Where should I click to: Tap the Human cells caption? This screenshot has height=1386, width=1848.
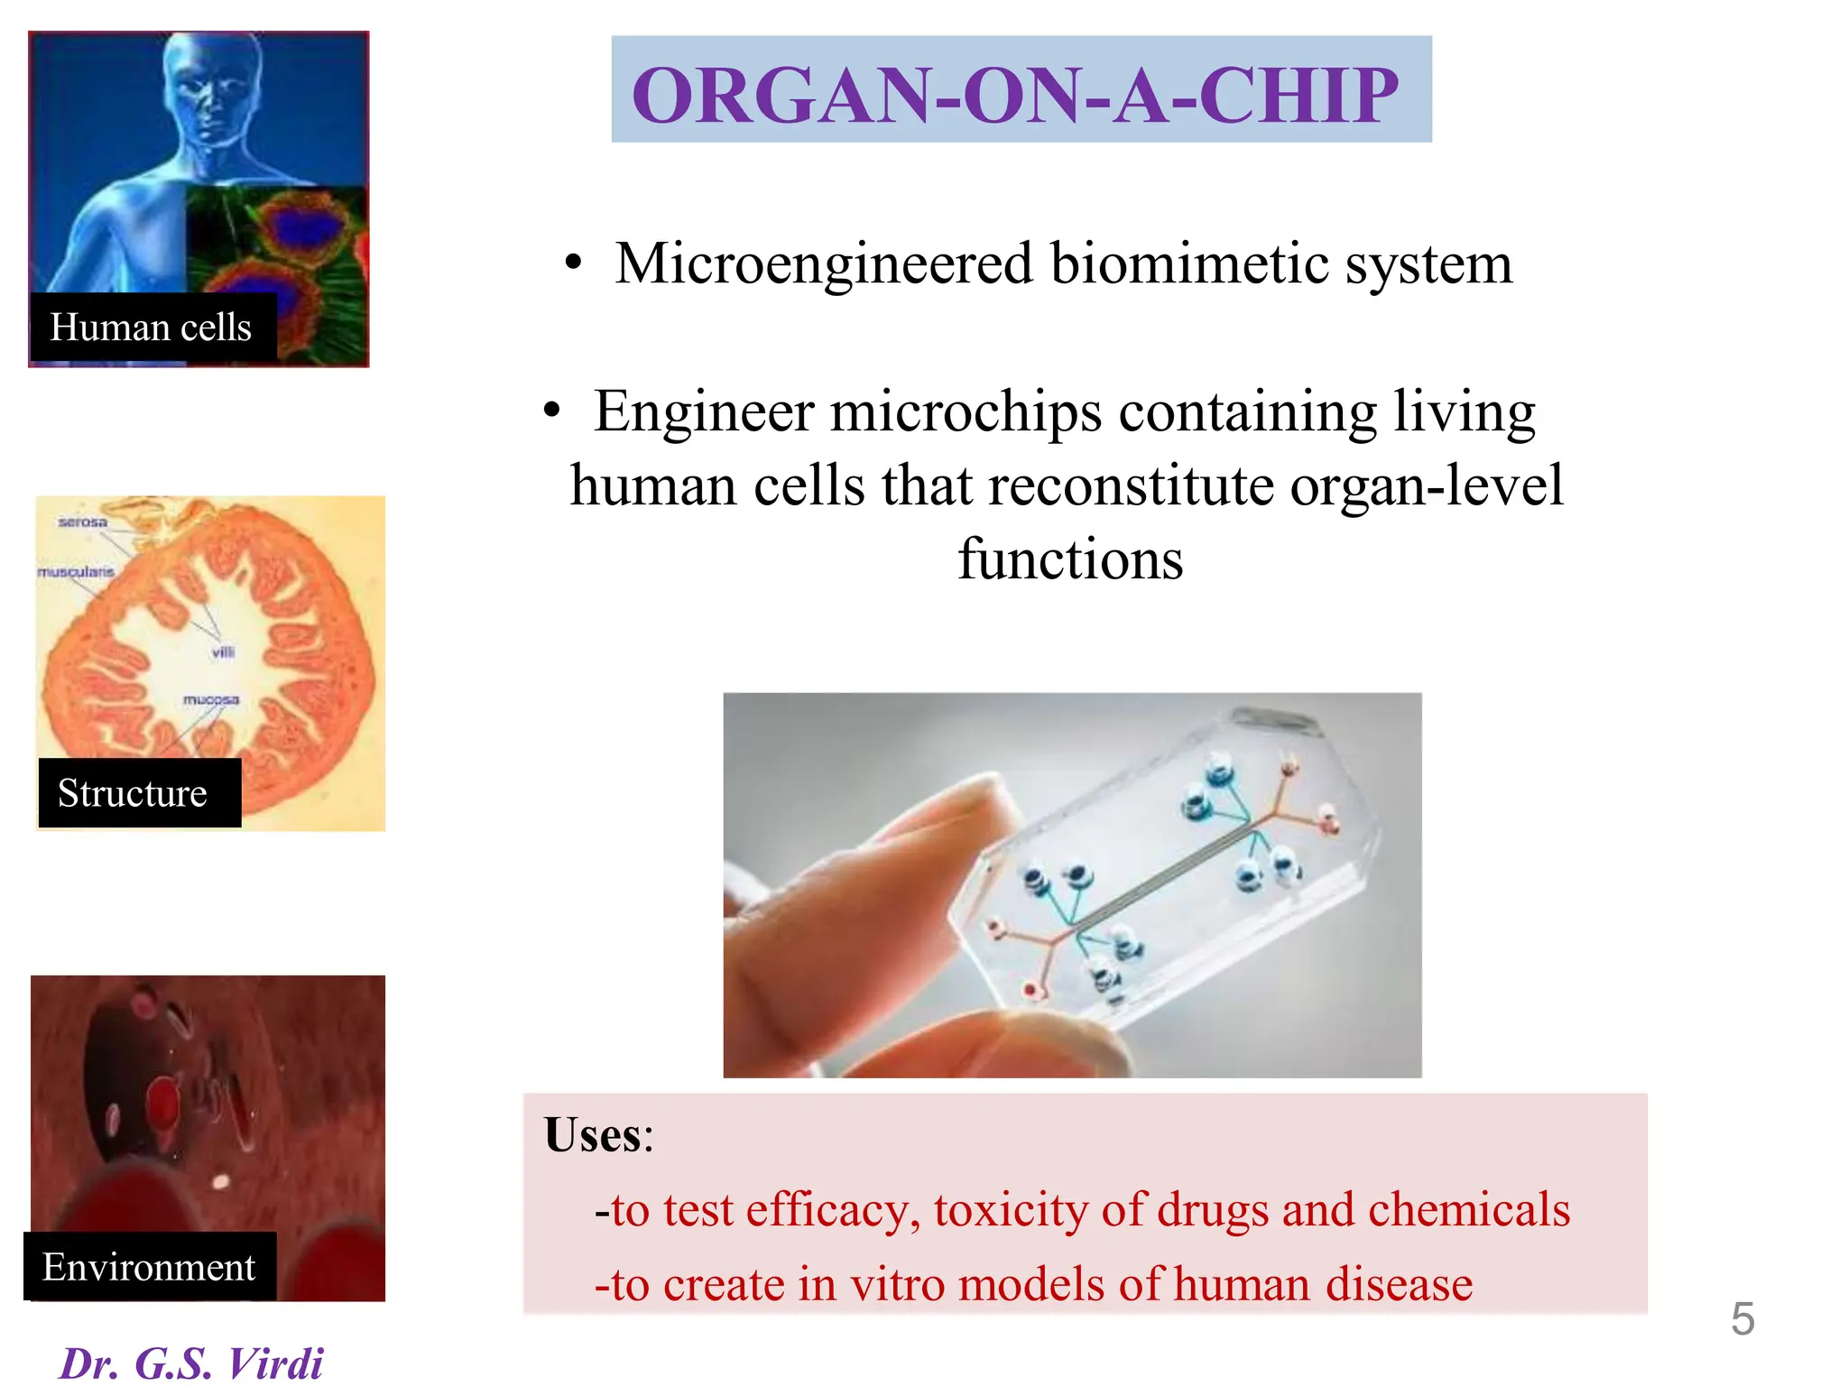tap(150, 328)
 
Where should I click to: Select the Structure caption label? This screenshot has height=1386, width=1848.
tap(133, 793)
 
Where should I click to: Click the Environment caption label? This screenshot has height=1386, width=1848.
tap(149, 1267)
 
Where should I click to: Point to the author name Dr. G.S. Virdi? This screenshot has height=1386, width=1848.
tap(190, 1363)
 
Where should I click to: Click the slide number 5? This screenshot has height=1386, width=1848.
tap(1742, 1319)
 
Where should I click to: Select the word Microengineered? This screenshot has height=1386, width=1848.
tap(823, 264)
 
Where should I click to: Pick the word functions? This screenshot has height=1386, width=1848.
tap(1070, 559)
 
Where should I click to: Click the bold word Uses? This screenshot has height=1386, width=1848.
tap(594, 1135)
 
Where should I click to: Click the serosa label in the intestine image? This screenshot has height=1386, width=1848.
tap(82, 522)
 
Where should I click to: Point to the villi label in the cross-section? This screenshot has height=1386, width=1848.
tap(223, 652)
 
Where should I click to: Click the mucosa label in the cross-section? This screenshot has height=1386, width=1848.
tap(211, 700)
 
